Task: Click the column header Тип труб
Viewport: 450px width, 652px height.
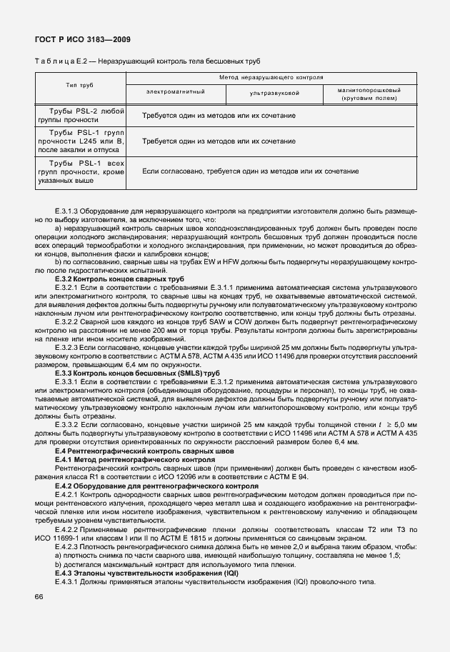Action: pos(80,85)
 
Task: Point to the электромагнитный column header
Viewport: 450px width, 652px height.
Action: pos(176,93)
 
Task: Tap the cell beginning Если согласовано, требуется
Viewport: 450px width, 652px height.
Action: pos(250,172)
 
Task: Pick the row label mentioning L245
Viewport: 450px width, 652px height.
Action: pos(80,141)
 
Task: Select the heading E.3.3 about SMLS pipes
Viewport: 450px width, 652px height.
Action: pos(137,373)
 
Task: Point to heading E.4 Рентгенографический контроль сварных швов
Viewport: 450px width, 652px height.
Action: pos(144,453)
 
